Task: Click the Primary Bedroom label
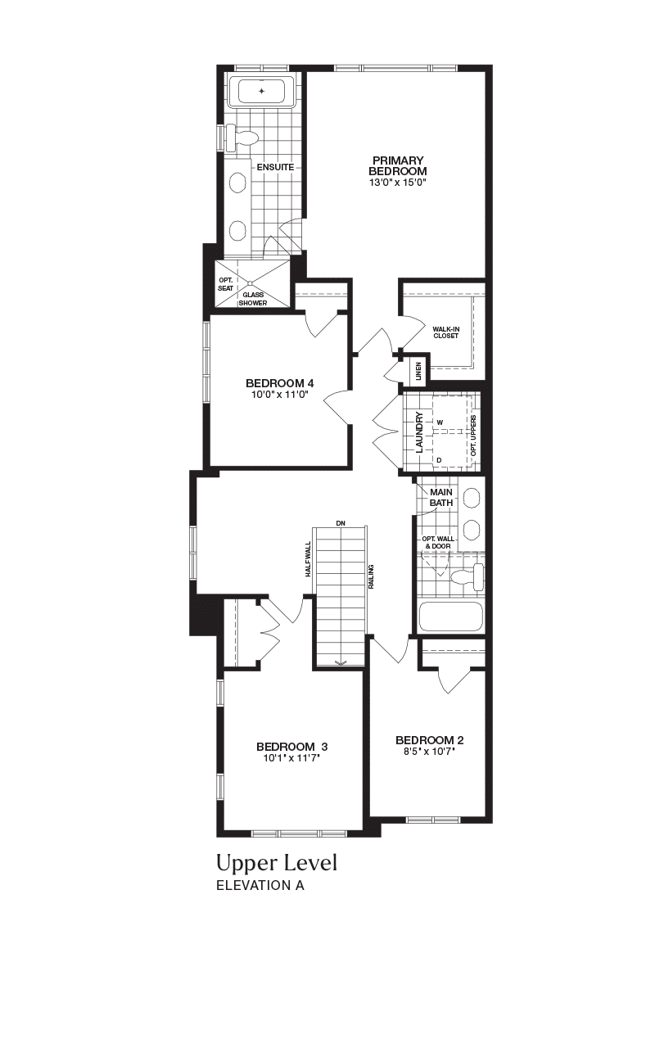pyautogui.click(x=398, y=166)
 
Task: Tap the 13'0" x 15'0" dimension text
pyautogui.click(x=399, y=183)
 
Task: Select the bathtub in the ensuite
pyautogui.click(x=261, y=91)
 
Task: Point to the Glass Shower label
pyautogui.click(x=253, y=299)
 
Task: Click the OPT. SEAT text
pyautogui.click(x=225, y=284)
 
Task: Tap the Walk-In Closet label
pyautogui.click(x=446, y=332)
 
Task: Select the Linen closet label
pyautogui.click(x=418, y=371)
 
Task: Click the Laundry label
pyautogui.click(x=419, y=431)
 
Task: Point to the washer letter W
pyautogui.click(x=440, y=422)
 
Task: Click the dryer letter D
pyautogui.click(x=439, y=460)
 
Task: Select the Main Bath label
pyautogui.click(x=441, y=497)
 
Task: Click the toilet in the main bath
pyautogui.click(x=468, y=577)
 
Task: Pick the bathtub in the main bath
pyautogui.click(x=451, y=617)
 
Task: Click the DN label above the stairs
pyautogui.click(x=341, y=523)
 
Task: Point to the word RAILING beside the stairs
pyautogui.click(x=372, y=576)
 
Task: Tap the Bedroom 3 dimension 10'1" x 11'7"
pyautogui.click(x=291, y=758)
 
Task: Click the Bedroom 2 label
pyautogui.click(x=430, y=740)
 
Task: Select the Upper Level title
pyautogui.click(x=277, y=863)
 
